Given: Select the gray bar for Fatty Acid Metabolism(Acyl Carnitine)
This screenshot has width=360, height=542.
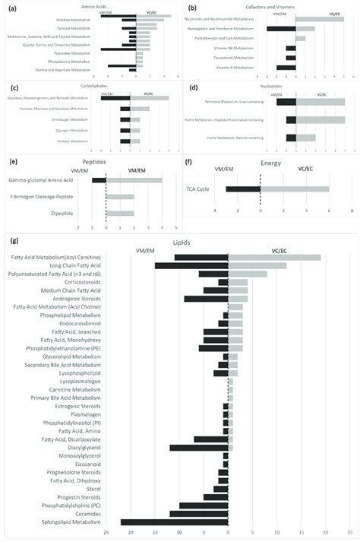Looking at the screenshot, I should point(274,257).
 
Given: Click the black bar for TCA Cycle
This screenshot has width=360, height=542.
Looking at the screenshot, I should point(243,189).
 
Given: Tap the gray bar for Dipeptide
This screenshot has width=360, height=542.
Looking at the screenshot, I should point(120,213).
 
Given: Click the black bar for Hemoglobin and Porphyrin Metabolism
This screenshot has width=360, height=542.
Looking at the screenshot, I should point(281,29).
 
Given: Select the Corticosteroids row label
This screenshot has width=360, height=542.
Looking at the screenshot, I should point(83,282).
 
